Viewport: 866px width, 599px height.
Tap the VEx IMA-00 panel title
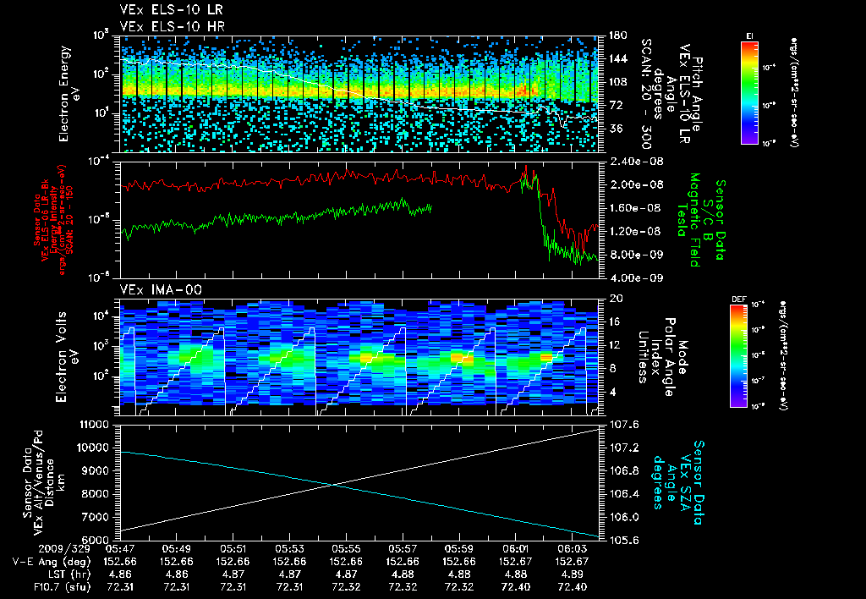pyautogui.click(x=154, y=289)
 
